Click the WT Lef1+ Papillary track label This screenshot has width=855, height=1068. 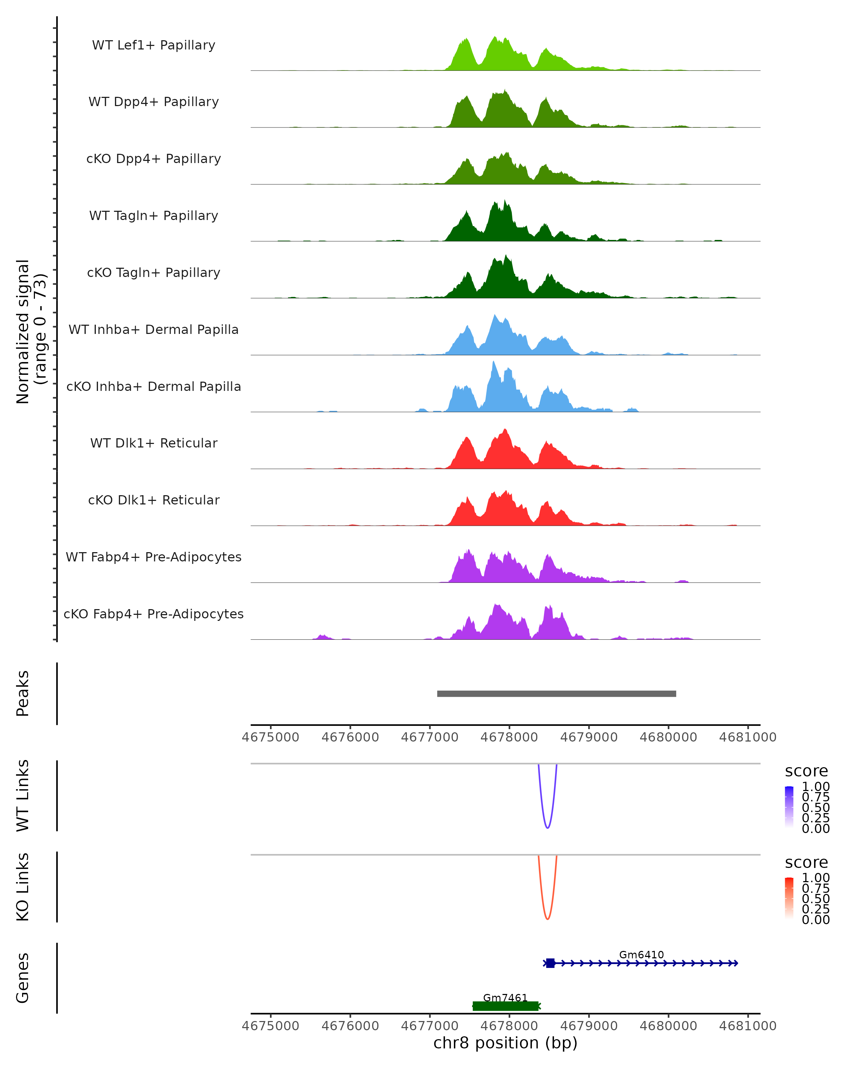click(x=154, y=45)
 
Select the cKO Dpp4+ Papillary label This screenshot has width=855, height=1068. click(x=154, y=158)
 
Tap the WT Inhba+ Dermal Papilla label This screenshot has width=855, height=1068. click(x=154, y=329)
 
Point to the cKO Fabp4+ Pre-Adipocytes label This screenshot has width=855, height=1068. click(x=154, y=614)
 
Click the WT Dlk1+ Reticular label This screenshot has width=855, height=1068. click(x=154, y=443)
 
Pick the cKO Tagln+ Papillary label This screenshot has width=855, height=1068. click(x=154, y=272)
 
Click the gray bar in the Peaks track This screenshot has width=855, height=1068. click(x=556, y=693)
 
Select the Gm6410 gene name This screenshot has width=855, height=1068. click(x=641, y=954)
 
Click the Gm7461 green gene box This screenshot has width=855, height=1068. click(x=506, y=1006)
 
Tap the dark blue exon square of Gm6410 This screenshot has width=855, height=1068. click(x=550, y=963)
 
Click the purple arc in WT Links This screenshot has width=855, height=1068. click(x=547, y=827)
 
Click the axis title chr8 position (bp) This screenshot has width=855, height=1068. click(x=505, y=1043)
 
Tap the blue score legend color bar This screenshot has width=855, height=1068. click(x=789, y=806)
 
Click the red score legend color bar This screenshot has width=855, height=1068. click(x=789, y=897)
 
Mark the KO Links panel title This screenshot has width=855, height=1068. click(x=23, y=887)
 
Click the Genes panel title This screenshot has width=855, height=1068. click(x=23, y=978)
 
